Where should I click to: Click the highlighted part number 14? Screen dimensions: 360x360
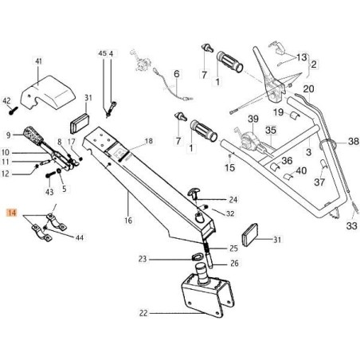[12, 213]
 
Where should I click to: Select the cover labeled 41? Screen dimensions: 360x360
[48, 93]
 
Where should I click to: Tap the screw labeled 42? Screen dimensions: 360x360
[13, 111]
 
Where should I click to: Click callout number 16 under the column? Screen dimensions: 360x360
[128, 221]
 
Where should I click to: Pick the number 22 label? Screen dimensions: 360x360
[143, 313]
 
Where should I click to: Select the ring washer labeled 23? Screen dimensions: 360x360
[195, 256]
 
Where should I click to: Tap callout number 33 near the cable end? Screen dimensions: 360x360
[352, 226]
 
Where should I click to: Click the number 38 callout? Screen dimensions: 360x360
[354, 142]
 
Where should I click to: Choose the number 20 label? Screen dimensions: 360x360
[308, 89]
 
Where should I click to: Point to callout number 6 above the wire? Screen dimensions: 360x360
[177, 74]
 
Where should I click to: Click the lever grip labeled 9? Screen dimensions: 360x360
[33, 135]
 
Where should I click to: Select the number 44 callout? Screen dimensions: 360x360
[80, 237]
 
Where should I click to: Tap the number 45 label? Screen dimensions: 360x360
[102, 53]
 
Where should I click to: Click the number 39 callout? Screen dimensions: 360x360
[253, 119]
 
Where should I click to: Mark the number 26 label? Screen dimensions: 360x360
[234, 263]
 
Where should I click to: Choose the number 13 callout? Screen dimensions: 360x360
[302, 57]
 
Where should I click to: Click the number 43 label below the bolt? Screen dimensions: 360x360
[49, 192]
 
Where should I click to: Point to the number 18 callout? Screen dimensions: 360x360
[149, 141]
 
